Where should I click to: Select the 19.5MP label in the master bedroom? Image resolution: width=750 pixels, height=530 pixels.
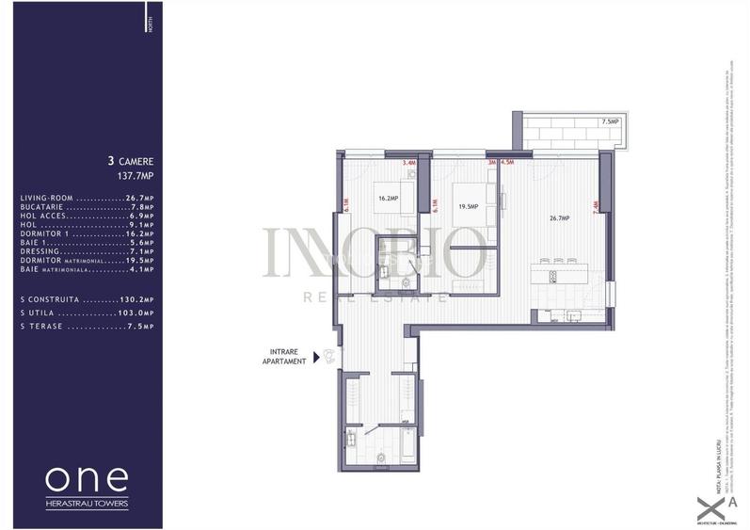(x=468, y=207)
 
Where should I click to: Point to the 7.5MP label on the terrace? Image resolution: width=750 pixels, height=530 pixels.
(x=610, y=121)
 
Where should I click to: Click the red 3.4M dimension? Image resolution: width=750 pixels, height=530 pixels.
(x=408, y=162)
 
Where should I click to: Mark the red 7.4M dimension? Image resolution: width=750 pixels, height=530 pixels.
(x=595, y=208)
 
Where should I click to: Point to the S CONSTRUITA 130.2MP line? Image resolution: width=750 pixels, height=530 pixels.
(x=87, y=299)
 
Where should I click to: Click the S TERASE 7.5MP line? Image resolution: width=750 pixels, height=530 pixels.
(x=87, y=327)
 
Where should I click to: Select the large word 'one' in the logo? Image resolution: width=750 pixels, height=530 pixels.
(x=87, y=478)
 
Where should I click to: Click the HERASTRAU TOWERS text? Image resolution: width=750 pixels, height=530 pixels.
(x=87, y=504)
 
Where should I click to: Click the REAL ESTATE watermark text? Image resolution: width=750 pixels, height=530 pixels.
(x=375, y=297)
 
